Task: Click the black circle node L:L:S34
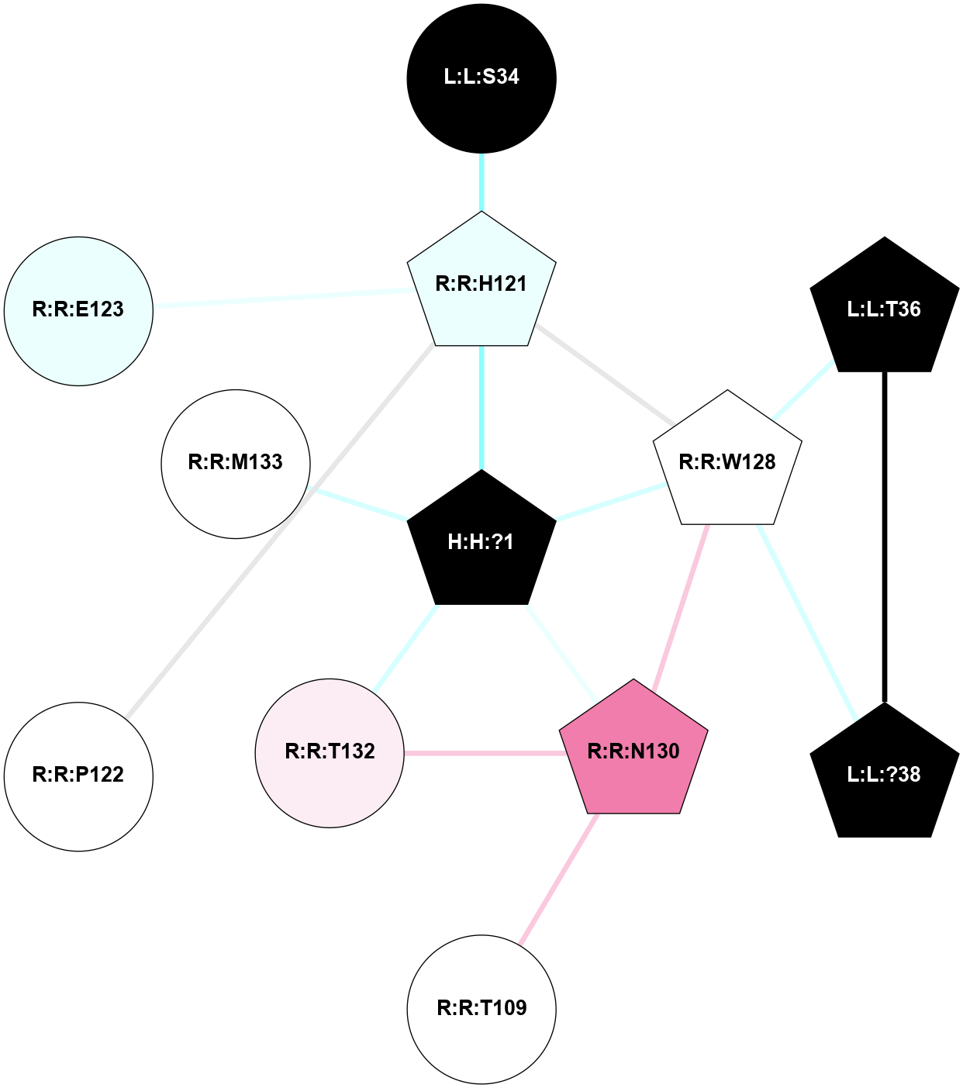[x=481, y=78]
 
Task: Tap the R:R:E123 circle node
[x=78, y=310]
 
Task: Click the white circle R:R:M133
[x=236, y=463]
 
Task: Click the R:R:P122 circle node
[x=78, y=775]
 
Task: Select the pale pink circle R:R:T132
[x=330, y=752]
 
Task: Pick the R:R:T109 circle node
[x=481, y=1008]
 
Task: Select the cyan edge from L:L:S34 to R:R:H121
[x=481, y=182]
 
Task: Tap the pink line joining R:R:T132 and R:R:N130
[x=483, y=752]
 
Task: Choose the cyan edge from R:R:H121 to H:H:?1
[x=481, y=407]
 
